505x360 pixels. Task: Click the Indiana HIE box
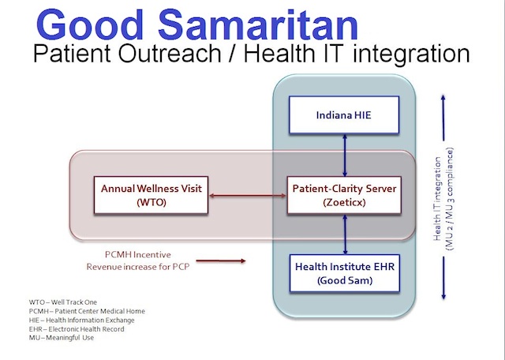pos(344,114)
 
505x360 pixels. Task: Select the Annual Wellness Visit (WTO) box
pos(151,195)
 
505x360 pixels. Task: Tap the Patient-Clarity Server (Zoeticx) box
pos(344,195)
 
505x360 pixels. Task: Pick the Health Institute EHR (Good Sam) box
pos(345,273)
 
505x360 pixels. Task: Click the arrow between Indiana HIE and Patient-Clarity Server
pos(345,155)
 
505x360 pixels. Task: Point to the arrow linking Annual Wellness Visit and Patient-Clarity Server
pos(248,195)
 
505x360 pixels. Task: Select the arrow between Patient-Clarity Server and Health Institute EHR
pos(346,234)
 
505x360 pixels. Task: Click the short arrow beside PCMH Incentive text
pos(221,261)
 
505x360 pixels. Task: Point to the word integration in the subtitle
pos(411,54)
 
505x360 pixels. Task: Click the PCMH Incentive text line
pos(138,255)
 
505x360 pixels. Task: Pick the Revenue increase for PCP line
pos(138,267)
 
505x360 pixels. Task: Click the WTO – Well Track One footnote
pos(63,302)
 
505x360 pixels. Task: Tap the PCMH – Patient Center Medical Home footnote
pos(87,311)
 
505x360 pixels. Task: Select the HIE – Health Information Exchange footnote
pos(81,321)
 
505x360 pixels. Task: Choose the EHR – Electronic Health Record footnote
pos(77,329)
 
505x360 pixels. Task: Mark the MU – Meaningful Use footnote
pos(62,338)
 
